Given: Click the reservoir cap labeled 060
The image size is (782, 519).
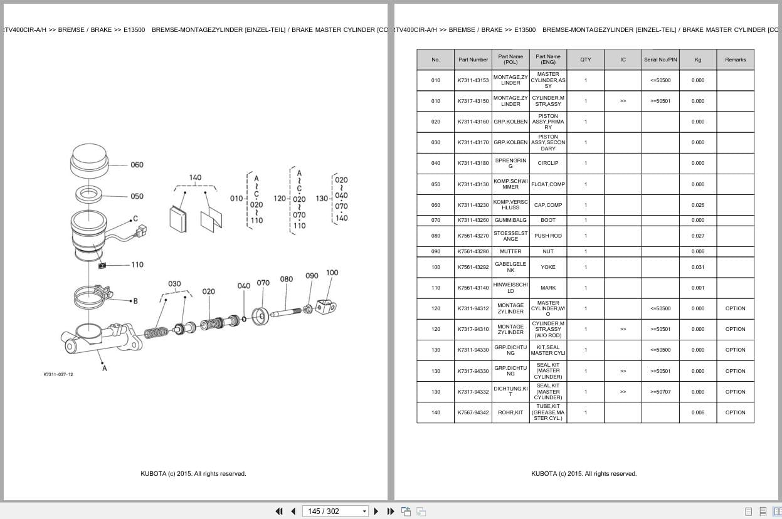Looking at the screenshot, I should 90,159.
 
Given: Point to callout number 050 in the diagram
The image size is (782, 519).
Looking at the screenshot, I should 137,196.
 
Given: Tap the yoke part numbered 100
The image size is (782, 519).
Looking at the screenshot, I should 325,307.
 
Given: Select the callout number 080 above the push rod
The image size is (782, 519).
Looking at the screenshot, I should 287,280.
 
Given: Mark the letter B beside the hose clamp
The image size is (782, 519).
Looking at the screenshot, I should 135,301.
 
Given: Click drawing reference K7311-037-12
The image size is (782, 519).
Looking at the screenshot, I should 58,374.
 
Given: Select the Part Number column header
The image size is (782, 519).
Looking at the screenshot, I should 473,60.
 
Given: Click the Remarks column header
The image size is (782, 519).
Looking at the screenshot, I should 735,60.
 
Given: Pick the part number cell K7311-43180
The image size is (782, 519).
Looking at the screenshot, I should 473,163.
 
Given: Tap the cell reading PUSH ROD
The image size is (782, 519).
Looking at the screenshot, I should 548,236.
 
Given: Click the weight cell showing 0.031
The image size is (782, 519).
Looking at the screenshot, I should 697,267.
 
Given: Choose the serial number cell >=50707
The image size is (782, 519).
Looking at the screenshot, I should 660,392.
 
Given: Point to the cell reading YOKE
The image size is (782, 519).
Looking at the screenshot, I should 548,267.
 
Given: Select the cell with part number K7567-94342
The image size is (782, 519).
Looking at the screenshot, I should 473,412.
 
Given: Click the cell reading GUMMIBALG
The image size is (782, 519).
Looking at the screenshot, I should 510,220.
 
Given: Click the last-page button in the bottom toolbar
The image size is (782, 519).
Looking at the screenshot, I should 391,511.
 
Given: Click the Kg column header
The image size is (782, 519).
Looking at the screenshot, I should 697,60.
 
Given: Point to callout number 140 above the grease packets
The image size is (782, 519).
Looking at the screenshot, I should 195,177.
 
